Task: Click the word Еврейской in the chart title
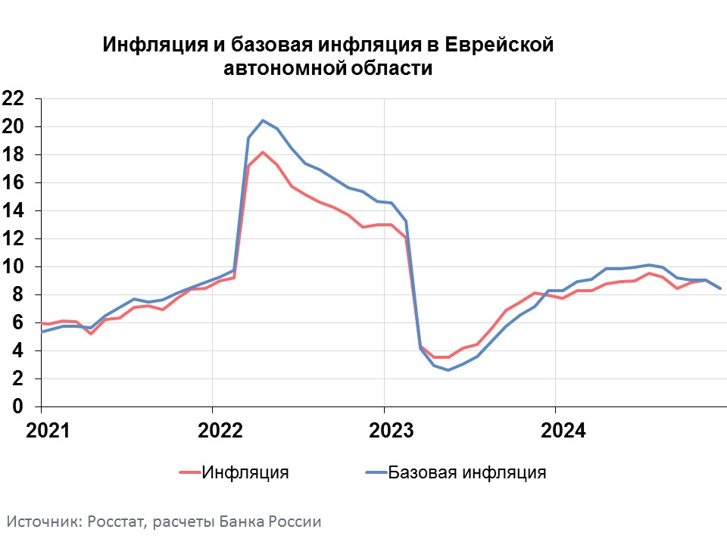(499, 45)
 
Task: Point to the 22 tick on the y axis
(13, 98)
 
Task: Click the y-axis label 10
(13, 267)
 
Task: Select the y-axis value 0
(17, 407)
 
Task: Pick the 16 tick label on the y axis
(13, 182)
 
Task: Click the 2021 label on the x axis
(48, 431)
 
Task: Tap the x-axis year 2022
(220, 431)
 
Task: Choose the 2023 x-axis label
(391, 431)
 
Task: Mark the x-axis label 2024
(563, 431)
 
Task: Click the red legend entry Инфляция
(245, 472)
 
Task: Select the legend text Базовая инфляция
(467, 472)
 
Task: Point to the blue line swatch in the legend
(376, 472)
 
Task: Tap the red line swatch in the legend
(190, 472)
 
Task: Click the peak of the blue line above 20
(263, 120)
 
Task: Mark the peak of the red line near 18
(263, 152)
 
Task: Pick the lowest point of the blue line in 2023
(448, 370)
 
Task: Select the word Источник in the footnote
(45, 522)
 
